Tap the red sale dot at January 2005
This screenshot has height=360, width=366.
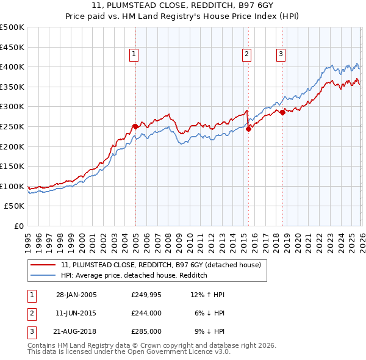[x=135, y=126]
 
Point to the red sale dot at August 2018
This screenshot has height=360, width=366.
[x=282, y=112]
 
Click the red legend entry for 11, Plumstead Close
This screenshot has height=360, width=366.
[x=161, y=265]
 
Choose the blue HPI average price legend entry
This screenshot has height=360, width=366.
[x=134, y=276]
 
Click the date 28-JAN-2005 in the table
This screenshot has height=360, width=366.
[x=76, y=295]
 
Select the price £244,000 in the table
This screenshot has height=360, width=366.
[x=146, y=313]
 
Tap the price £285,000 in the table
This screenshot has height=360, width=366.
[x=146, y=331]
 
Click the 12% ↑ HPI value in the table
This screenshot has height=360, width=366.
[x=207, y=295]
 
